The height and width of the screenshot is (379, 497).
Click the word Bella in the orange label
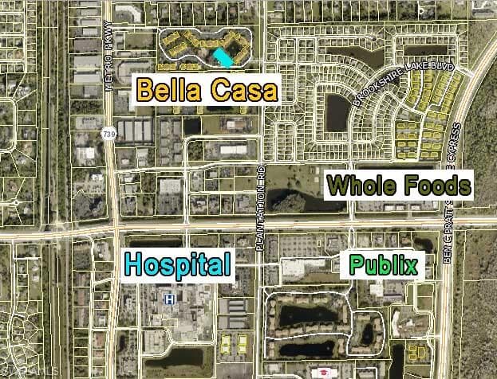tap(170, 89)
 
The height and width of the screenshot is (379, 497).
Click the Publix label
tap(385, 264)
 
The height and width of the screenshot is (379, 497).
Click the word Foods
tap(436, 186)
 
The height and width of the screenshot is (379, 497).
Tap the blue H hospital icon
tap(169, 299)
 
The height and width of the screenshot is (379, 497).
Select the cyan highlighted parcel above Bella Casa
tap(223, 57)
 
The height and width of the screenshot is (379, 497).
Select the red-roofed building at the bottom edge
tap(326, 373)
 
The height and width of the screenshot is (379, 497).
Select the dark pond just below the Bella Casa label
tap(191, 126)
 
